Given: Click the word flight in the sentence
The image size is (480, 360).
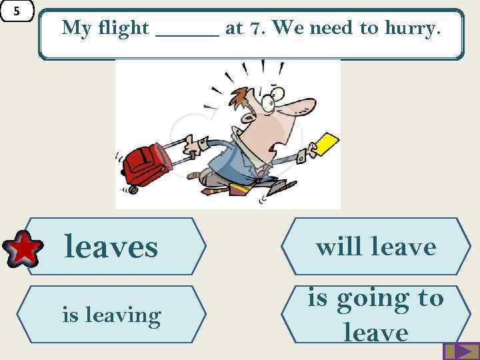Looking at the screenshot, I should pos(123,28).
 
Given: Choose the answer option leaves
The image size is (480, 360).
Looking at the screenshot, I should pos(111,247).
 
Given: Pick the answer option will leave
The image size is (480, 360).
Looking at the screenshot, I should pos(376,247).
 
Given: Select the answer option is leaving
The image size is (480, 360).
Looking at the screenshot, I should pos(111,314).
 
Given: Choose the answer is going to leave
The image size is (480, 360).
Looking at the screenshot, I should pos(376,314).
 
